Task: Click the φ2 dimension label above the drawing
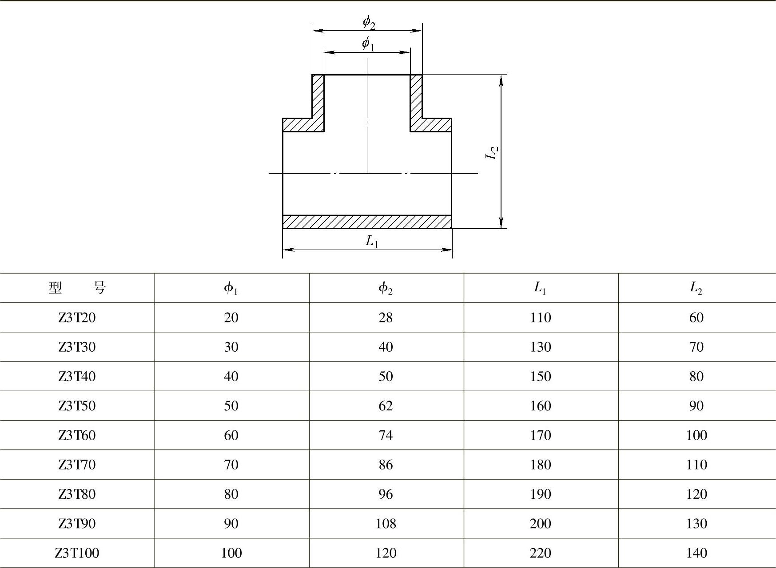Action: tap(369, 22)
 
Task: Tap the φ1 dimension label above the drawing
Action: tap(368, 44)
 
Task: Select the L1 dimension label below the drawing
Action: tap(372, 241)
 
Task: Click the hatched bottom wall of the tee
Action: tap(367, 222)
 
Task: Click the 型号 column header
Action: tap(77, 288)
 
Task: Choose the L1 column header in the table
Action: tap(540, 288)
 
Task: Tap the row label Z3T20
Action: tap(77, 318)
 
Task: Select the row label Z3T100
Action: tap(77, 553)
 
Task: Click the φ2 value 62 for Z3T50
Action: tap(386, 406)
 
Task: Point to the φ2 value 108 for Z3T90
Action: tap(386, 524)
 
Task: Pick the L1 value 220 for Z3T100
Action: tap(540, 553)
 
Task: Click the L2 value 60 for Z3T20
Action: tap(696, 318)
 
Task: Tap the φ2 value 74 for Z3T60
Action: tap(386, 435)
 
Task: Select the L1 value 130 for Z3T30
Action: tap(540, 347)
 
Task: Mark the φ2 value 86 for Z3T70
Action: tap(386, 465)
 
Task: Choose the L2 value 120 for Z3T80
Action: tap(696, 494)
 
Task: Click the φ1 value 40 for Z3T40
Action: tap(231, 377)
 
